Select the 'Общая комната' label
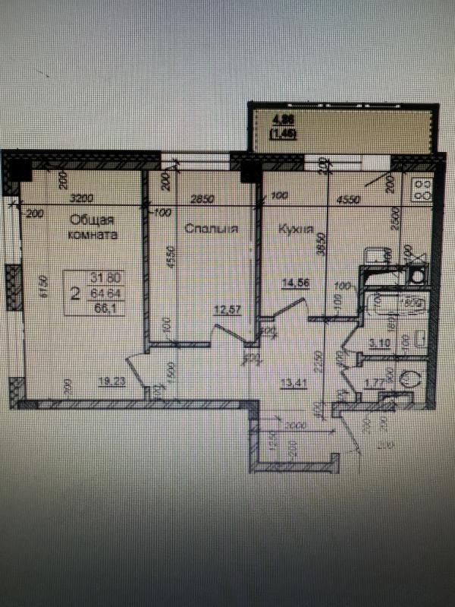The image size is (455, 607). [x=93, y=227]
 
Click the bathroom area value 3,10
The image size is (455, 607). [x=381, y=343]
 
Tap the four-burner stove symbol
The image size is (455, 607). [x=419, y=188]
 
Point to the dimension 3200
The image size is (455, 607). [x=81, y=199]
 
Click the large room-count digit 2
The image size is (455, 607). [x=74, y=293]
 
